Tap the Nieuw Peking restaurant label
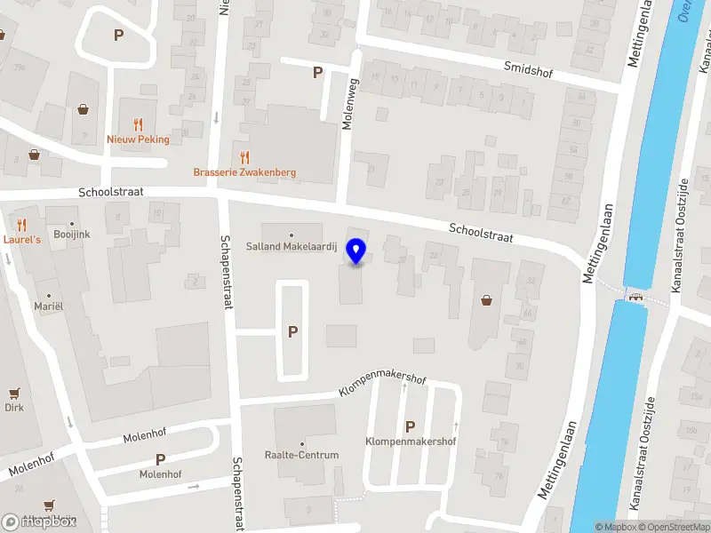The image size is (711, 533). tap(138, 139)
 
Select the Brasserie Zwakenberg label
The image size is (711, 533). tap(245, 172)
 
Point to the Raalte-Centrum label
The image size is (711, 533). tap(301, 455)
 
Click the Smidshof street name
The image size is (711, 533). tap(528, 69)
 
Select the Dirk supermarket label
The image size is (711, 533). tap(13, 408)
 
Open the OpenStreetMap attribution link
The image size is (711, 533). tap(675, 527)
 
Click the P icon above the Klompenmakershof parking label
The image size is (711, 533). tap(410, 426)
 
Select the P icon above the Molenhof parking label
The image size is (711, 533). tap(160, 459)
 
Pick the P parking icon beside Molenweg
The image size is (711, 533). tap(317, 73)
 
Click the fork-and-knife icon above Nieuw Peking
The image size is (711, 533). tap(138, 124)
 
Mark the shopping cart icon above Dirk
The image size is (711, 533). tap(13, 393)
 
